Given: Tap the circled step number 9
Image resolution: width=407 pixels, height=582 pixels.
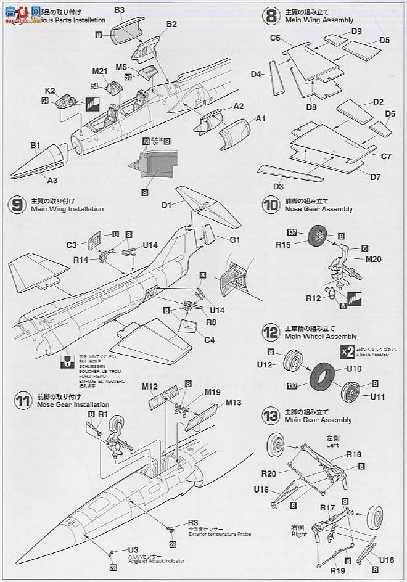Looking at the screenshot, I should click(18, 205).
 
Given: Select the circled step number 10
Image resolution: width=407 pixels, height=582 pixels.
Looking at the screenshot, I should click(270, 205).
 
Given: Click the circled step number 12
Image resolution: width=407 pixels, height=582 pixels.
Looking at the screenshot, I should click(270, 332).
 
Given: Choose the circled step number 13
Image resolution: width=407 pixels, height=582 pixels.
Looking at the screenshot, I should click(270, 416).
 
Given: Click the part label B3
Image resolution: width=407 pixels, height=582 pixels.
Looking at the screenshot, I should click(120, 10).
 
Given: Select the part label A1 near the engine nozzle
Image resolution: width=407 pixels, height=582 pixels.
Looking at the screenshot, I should click(260, 118).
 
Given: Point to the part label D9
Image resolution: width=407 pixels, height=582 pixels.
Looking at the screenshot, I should click(356, 31).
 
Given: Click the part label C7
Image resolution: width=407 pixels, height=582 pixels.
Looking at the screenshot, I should click(386, 156).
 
